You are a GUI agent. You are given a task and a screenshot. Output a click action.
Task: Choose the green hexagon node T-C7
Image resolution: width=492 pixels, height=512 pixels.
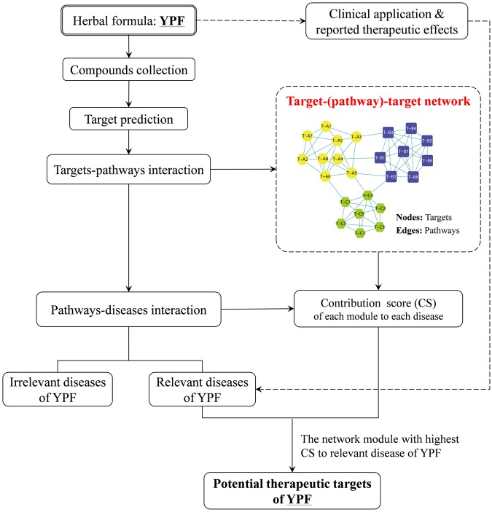point(359,233)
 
